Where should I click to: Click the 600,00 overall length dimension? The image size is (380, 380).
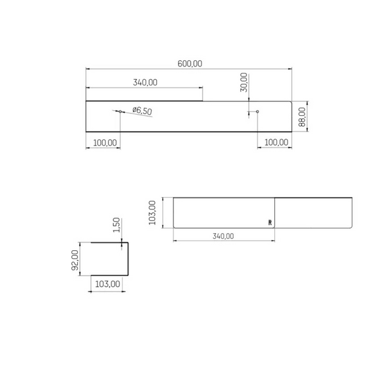(190, 64)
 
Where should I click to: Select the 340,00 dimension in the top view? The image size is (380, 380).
(145, 82)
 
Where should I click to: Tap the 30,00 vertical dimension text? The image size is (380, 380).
(244, 82)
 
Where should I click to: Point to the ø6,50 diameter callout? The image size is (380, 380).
(142, 110)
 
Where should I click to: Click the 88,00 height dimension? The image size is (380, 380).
(302, 117)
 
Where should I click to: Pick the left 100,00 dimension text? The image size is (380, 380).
(105, 142)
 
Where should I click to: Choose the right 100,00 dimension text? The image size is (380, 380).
(276, 142)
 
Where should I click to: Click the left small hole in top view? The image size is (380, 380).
(120, 111)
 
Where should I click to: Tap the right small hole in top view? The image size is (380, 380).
(257, 111)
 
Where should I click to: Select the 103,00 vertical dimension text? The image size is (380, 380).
(152, 213)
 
